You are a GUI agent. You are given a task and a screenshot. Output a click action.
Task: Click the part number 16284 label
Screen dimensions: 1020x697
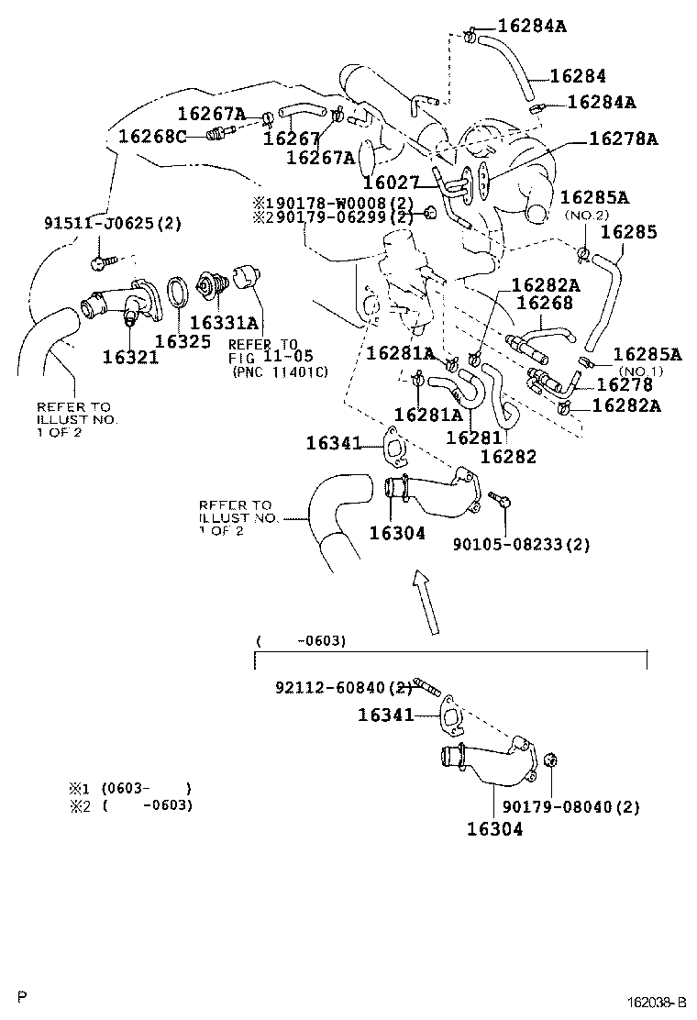[x=578, y=75]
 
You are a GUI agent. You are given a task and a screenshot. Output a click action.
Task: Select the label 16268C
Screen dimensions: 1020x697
[x=152, y=137]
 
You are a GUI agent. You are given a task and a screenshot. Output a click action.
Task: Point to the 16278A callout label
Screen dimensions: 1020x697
[x=624, y=139]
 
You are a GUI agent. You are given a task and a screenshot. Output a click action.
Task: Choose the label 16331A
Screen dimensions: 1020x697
[x=224, y=322]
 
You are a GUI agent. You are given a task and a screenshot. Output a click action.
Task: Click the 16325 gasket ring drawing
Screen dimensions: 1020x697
[x=180, y=293]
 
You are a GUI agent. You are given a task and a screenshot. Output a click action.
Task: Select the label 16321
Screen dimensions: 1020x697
[x=130, y=357]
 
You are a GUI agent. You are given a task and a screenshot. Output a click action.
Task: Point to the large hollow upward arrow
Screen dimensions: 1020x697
[x=424, y=601]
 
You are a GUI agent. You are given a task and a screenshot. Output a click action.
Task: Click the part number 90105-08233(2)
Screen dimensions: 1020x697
[x=521, y=544]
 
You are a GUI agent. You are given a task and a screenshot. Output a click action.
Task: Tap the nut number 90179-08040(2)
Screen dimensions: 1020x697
[x=570, y=807]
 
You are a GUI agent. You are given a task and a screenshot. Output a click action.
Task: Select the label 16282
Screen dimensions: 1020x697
[x=508, y=456]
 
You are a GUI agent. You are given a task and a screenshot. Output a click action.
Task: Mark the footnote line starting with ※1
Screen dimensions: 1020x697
[x=129, y=788]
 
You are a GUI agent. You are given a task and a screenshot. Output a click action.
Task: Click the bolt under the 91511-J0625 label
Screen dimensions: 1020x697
[x=100, y=263]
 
